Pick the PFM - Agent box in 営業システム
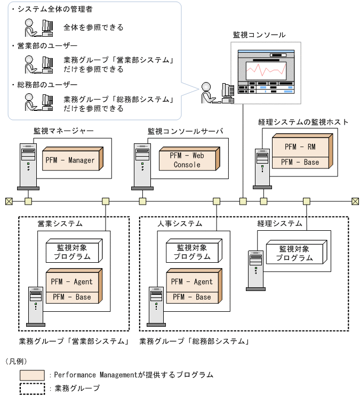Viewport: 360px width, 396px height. tap(71, 281)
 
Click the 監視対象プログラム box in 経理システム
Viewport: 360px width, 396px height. tap(295, 253)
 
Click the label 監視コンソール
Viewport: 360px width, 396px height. tap(259, 35)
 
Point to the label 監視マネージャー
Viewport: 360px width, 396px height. tap(63, 131)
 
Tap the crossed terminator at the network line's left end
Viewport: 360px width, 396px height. tap(9, 201)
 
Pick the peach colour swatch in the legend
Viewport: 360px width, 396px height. tap(32, 375)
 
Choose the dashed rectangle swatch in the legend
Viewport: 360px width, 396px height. tap(32, 389)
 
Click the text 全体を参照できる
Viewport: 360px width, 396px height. tap(93, 27)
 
